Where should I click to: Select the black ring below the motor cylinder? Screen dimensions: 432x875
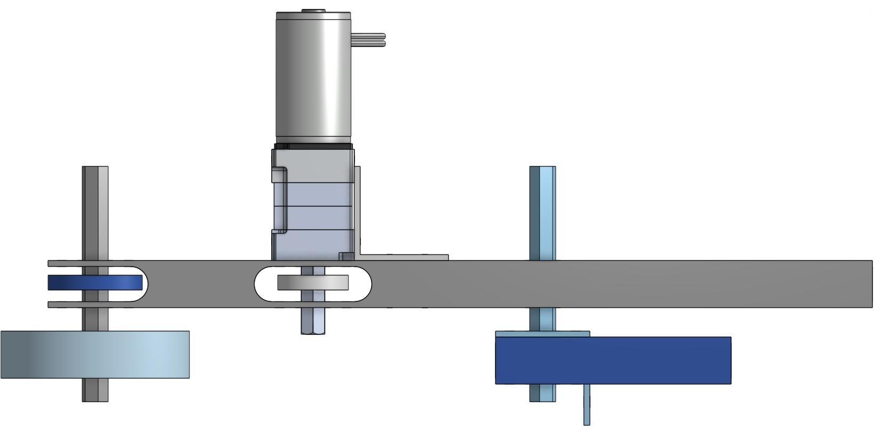[313, 146]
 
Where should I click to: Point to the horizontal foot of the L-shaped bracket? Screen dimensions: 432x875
[406, 258]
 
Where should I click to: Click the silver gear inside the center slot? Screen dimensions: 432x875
[313, 283]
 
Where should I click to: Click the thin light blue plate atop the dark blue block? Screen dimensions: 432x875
[542, 334]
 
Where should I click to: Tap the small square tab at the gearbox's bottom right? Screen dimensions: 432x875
[346, 257]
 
